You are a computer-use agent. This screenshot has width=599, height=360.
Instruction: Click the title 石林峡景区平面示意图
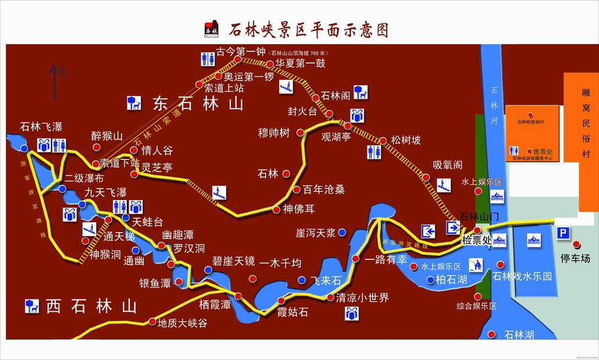(x=309, y=29)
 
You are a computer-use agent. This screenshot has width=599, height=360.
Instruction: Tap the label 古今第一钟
(x=240, y=51)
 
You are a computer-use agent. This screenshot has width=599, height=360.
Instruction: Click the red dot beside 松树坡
(x=383, y=140)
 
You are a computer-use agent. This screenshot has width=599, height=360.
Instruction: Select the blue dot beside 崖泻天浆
(x=342, y=233)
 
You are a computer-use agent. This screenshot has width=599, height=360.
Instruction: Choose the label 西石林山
(x=91, y=305)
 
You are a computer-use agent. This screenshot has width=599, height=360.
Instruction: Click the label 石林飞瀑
(x=41, y=127)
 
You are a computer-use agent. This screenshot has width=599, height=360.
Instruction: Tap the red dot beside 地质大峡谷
(x=152, y=322)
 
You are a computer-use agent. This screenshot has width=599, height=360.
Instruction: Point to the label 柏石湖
(x=451, y=279)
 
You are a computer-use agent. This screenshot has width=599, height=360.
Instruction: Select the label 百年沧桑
(x=324, y=190)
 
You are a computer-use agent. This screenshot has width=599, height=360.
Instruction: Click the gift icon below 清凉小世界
(x=351, y=313)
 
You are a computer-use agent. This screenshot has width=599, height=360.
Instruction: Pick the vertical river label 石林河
(x=495, y=98)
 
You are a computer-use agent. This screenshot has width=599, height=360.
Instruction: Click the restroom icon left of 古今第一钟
(x=208, y=59)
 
